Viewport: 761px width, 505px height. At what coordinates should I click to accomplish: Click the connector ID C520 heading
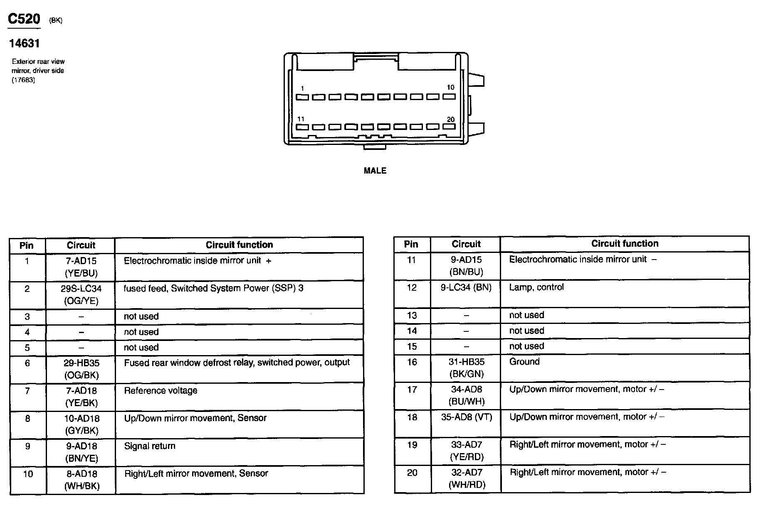tap(24, 19)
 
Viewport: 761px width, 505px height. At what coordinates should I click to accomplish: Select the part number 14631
tap(24, 43)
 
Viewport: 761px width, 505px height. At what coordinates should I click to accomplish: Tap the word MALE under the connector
tap(375, 171)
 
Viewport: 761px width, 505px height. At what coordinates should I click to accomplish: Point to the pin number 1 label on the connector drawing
tap(302, 88)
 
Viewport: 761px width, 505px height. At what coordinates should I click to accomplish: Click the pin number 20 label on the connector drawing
tap(450, 120)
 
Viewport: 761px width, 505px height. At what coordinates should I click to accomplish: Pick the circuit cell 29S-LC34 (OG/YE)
tap(81, 294)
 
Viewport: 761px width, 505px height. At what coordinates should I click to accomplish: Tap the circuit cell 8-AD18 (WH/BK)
tap(82, 480)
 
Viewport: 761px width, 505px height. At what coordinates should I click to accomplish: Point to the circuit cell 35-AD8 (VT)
tap(466, 417)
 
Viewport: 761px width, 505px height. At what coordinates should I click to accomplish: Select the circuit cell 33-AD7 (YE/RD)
tap(466, 451)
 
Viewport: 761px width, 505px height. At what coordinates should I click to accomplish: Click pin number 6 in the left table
tap(27, 363)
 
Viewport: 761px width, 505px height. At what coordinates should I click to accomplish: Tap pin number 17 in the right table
tap(412, 390)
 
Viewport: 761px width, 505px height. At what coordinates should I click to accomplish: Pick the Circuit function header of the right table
tap(625, 244)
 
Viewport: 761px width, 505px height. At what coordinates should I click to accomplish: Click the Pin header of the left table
tap(27, 245)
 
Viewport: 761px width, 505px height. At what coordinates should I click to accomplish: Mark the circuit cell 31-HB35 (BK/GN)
tap(466, 368)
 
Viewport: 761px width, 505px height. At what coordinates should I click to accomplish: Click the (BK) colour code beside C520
tap(56, 20)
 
